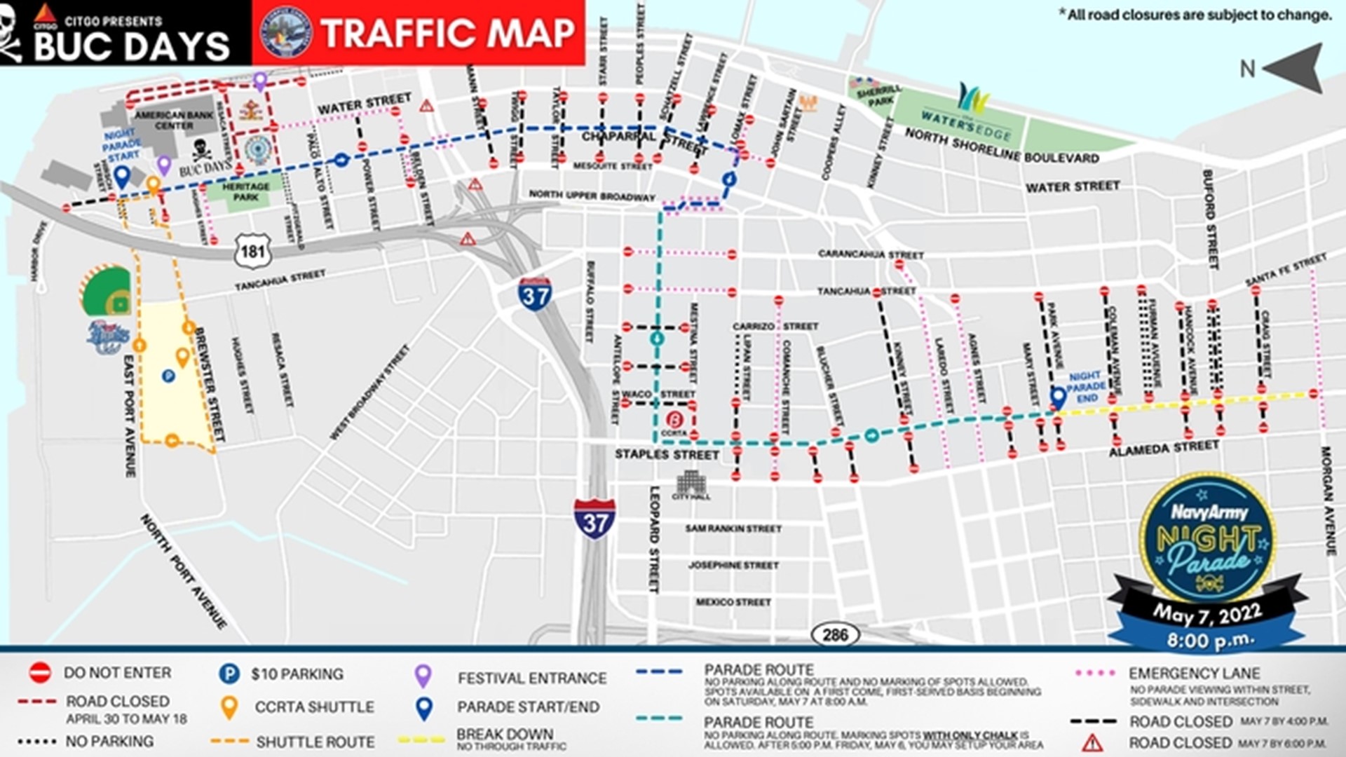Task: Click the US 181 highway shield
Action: pyautogui.click(x=252, y=251)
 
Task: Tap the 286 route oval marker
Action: pyautogui.click(x=834, y=634)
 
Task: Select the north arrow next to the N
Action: pyautogui.click(x=1293, y=68)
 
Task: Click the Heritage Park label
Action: pyautogui.click(x=245, y=192)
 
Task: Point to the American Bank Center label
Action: pyautogui.click(x=174, y=120)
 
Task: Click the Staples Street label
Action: pyautogui.click(x=667, y=455)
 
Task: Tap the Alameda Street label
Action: pyautogui.click(x=1164, y=448)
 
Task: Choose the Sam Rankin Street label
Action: pyautogui.click(x=733, y=528)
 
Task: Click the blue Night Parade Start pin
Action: pyautogui.click(x=122, y=177)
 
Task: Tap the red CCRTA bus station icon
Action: pyautogui.click(x=674, y=421)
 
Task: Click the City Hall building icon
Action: pyautogui.click(x=691, y=484)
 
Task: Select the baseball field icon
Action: pyautogui.click(x=107, y=292)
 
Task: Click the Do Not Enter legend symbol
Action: pyautogui.click(x=40, y=673)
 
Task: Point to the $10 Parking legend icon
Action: pyautogui.click(x=229, y=674)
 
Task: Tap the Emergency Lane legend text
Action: pyautogui.click(x=1194, y=674)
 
